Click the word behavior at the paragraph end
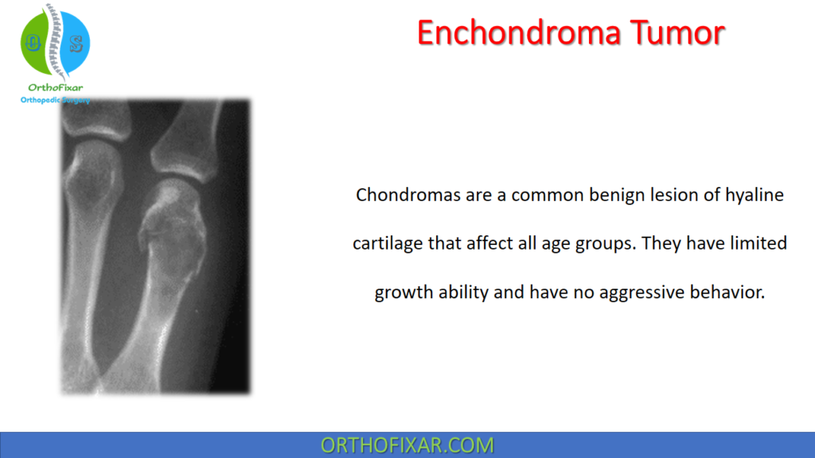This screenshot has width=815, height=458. click(x=725, y=292)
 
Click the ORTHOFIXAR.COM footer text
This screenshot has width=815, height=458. click(x=407, y=444)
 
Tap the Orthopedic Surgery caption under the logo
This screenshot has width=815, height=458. click(x=55, y=99)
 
